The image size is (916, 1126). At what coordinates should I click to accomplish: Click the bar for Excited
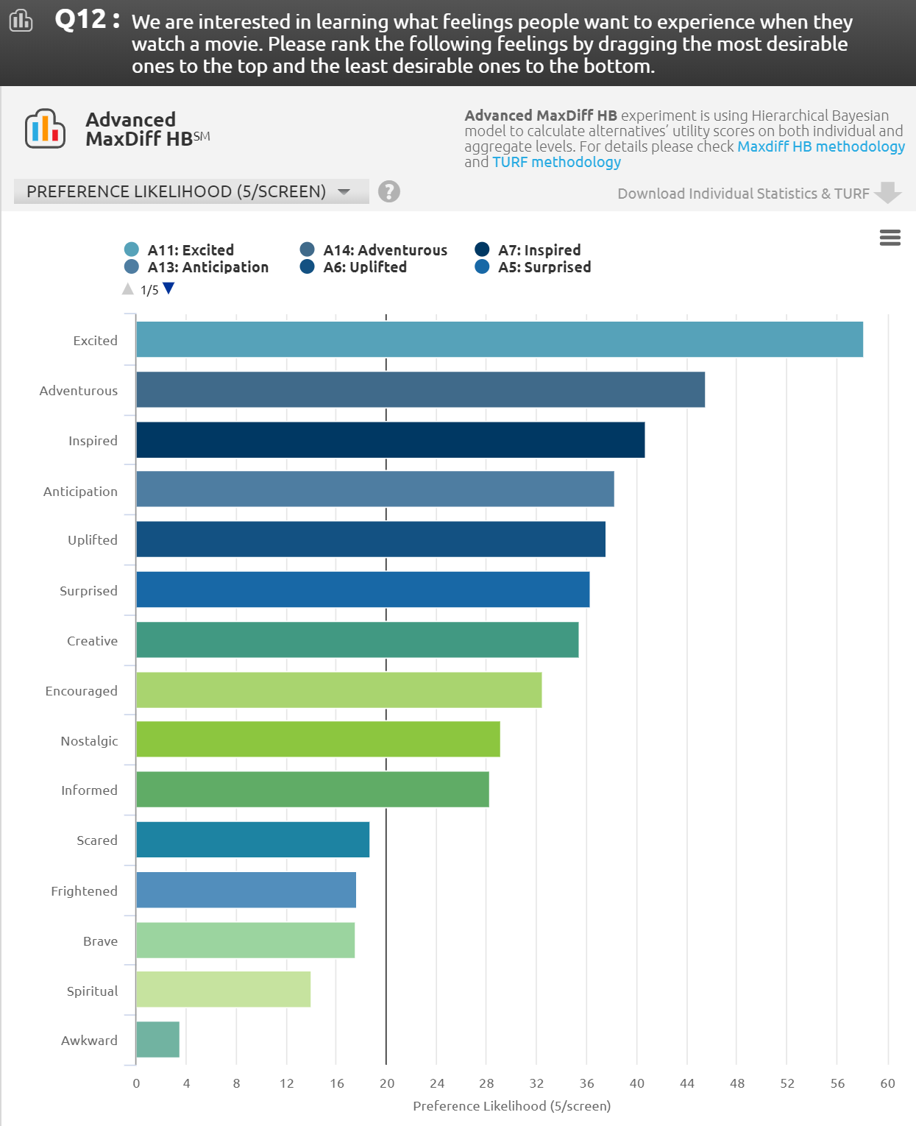tap(499, 339)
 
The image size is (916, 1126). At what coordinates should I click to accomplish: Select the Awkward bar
tap(157, 1039)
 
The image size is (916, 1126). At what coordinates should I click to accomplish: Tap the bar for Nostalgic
tap(318, 739)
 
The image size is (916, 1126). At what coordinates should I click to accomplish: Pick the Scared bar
tap(252, 840)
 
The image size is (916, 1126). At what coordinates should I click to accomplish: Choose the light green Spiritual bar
tap(223, 989)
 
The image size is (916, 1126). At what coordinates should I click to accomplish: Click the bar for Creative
tap(357, 640)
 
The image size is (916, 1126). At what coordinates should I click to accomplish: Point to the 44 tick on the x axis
tap(687, 1083)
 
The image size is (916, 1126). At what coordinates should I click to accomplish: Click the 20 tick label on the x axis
tap(387, 1083)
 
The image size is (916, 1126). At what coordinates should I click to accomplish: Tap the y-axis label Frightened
tap(84, 891)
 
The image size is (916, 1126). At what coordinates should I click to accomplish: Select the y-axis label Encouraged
tap(81, 691)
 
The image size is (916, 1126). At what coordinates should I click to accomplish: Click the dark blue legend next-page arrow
tap(168, 288)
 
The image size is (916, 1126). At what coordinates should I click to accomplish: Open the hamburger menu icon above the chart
tap(890, 238)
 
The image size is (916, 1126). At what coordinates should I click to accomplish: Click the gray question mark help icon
tap(388, 191)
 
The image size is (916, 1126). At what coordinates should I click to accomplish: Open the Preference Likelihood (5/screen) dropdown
tap(191, 191)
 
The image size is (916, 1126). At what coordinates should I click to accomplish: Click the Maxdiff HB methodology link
tap(820, 146)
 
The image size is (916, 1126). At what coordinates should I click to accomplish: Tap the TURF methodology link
tap(556, 162)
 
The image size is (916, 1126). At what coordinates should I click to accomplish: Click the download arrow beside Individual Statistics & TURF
tap(888, 193)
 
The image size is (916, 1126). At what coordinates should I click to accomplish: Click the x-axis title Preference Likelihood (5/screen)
tap(511, 1105)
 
